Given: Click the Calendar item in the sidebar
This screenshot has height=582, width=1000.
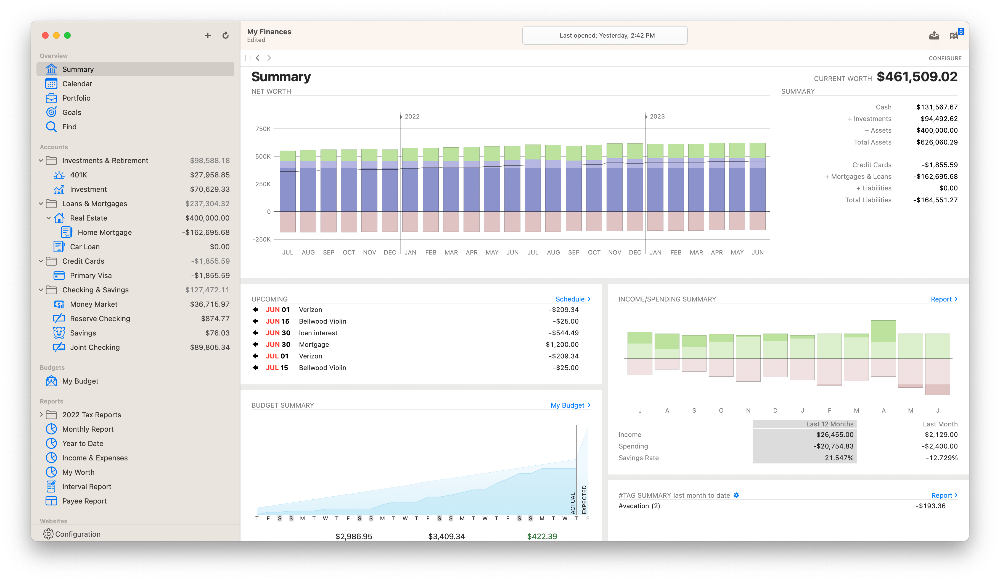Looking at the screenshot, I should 77,84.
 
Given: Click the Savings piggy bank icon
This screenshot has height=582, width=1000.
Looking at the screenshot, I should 59,333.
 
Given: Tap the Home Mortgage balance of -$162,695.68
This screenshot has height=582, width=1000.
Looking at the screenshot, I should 206,232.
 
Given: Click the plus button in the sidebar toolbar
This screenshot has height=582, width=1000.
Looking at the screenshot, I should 208,36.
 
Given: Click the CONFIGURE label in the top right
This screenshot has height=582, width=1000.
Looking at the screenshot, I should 945,58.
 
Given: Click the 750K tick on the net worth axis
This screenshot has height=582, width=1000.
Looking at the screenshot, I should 263,129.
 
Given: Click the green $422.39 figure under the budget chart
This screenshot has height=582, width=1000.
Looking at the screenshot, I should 542,536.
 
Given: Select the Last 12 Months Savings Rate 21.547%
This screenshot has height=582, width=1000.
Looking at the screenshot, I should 838,458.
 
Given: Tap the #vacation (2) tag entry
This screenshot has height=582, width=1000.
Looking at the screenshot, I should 639,506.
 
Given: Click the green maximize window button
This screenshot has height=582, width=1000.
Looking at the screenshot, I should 67,36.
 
